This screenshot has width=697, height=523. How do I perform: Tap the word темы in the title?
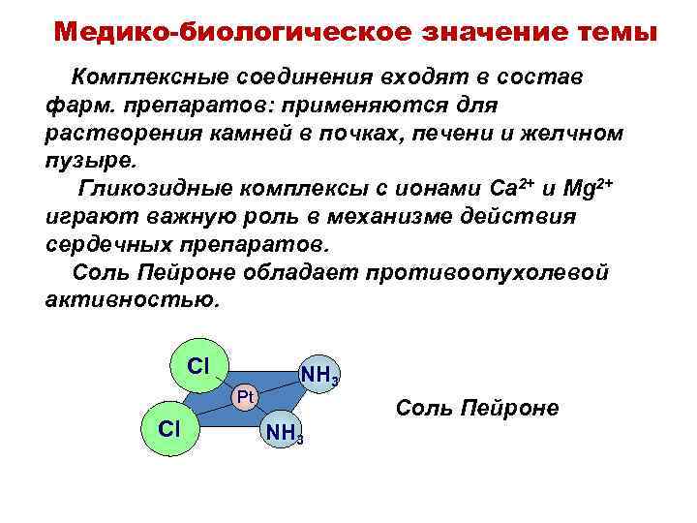(609, 30)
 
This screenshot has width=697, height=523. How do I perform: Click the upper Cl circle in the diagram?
(197, 366)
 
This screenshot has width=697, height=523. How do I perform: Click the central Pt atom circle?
(245, 397)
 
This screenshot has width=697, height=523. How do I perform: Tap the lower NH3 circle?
(286, 433)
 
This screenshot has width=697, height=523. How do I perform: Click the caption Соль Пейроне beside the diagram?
(477, 408)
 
